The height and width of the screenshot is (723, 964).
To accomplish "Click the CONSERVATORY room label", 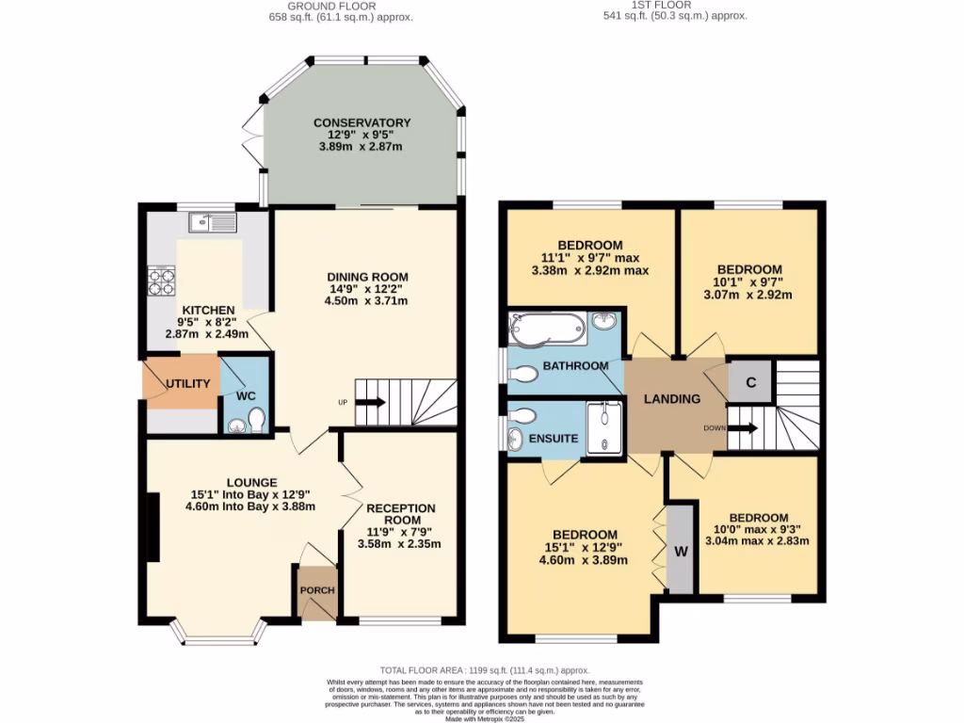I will click(x=362, y=122).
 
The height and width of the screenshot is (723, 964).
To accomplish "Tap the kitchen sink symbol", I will click(x=213, y=222).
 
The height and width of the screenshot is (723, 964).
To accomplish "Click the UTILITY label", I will click(x=187, y=384).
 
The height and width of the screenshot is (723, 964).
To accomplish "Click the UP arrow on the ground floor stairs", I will click(x=369, y=403).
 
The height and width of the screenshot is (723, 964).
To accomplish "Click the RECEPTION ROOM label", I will click(x=401, y=514).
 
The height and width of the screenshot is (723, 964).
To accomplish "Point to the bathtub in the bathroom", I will click(x=547, y=329).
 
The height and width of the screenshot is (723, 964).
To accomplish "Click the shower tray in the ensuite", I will click(x=603, y=428).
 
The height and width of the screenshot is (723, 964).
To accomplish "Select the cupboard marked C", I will click(x=750, y=382).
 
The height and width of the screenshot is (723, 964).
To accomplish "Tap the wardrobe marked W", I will click(x=680, y=551).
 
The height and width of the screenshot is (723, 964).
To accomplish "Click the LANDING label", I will click(x=671, y=399).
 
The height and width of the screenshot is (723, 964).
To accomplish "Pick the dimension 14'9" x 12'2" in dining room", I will click(x=368, y=290).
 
